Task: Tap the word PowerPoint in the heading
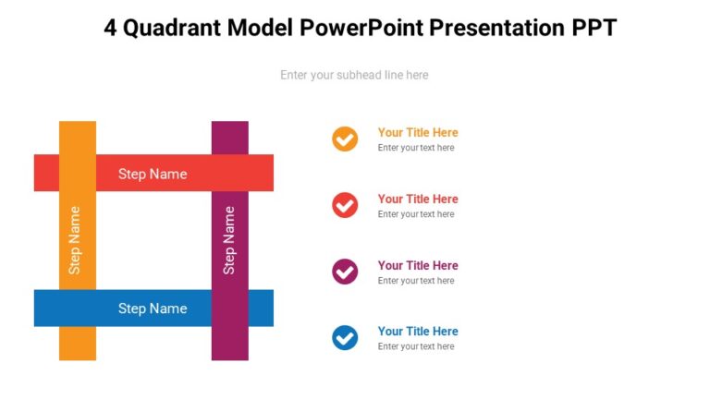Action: coord(357,28)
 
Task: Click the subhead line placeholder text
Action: coord(354,75)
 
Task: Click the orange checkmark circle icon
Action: coord(345,139)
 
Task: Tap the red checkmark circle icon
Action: coord(345,205)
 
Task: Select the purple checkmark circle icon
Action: coord(345,272)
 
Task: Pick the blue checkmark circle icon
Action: coord(345,338)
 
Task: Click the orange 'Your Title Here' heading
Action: coord(418,132)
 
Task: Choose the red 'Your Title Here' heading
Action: coord(418,199)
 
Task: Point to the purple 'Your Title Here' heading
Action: coord(418,265)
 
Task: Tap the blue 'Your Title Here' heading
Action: coord(418,331)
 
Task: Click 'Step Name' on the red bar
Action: coord(153,174)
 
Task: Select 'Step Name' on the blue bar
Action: coord(153,308)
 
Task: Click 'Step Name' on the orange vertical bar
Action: coord(75,240)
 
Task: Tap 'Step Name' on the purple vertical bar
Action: coord(229,240)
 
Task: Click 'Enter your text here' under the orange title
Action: coord(416,148)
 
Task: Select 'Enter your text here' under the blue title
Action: coord(416,346)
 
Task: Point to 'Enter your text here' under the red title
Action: coord(416,214)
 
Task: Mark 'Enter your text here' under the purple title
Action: coord(416,281)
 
